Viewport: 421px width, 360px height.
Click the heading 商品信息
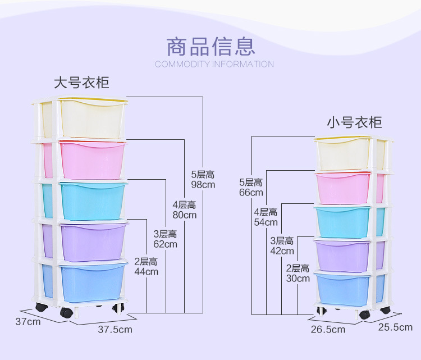click(x=210, y=46)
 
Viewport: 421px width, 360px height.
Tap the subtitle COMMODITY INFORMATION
click(x=214, y=64)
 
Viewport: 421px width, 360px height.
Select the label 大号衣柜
click(x=81, y=83)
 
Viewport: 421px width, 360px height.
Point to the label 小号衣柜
click(x=354, y=122)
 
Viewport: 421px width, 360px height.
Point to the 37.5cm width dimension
click(x=115, y=330)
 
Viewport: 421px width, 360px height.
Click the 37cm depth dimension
click(x=28, y=322)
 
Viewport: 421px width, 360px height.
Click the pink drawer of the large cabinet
click(x=92, y=160)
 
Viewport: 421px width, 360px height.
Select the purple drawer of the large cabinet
click(x=93, y=242)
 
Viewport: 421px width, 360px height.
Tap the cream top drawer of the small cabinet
click(x=342, y=154)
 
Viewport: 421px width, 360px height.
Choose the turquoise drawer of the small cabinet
click(x=342, y=222)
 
